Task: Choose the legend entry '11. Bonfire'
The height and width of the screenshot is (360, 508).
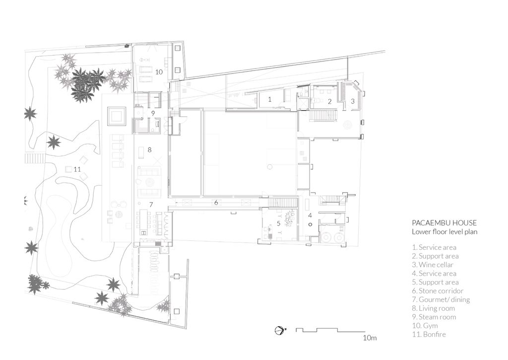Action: [429, 334]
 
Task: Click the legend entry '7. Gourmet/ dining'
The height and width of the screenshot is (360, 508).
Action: [441, 299]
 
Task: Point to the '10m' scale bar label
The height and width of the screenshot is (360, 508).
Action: [370, 338]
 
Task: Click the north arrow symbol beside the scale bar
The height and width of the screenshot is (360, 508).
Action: [279, 330]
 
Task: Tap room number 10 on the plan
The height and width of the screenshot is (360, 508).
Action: [159, 72]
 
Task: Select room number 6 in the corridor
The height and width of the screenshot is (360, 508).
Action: [216, 202]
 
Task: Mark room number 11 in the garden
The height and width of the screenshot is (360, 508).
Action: [77, 169]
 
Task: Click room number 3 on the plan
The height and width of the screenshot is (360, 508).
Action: [353, 101]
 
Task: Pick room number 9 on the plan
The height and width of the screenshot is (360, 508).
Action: [153, 113]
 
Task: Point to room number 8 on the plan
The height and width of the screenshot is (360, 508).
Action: [149, 149]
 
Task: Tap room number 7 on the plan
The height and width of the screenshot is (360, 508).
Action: [151, 204]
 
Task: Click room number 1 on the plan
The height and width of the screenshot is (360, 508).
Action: [269, 99]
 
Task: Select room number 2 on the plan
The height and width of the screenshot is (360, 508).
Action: [329, 101]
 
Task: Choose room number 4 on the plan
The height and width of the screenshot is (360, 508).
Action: [310, 215]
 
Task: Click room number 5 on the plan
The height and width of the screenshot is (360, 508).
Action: [279, 223]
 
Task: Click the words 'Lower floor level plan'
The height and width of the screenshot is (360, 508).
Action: [444, 232]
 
